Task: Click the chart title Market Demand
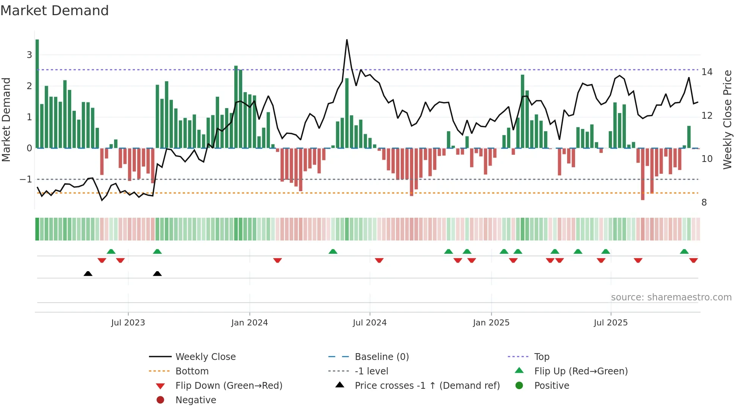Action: click(55, 11)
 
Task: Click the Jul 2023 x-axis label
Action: click(128, 323)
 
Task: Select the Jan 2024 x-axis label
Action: click(249, 323)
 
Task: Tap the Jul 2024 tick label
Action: click(370, 323)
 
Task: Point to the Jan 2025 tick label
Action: click(491, 323)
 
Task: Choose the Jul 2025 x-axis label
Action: click(611, 323)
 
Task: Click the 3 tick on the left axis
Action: click(29, 55)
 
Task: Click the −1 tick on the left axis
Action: click(26, 179)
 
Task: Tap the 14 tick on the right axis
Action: click(707, 72)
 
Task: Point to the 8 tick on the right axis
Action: click(704, 203)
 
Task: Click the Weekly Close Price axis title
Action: click(727, 119)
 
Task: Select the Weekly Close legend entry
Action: click(205, 357)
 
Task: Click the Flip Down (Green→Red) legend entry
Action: click(229, 386)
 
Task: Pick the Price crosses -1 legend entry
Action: click(427, 386)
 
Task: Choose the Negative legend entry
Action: click(196, 400)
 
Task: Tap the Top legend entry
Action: click(542, 357)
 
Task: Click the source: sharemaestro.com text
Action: click(671, 297)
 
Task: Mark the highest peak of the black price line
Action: click(347, 40)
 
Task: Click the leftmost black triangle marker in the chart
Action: click(88, 273)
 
